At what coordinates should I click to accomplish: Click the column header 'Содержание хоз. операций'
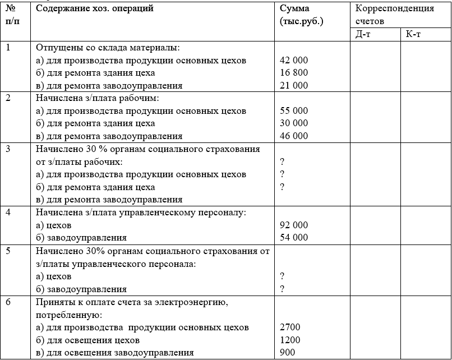point(94,9)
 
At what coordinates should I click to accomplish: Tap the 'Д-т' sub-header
point(362,34)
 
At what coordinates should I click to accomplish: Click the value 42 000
point(293,60)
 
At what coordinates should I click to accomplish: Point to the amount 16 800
point(293,73)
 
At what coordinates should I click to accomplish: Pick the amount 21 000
point(293,86)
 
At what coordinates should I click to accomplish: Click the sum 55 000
point(293,111)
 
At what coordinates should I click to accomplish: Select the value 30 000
point(293,123)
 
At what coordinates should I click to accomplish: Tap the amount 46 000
point(293,136)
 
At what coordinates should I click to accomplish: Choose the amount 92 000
point(293,225)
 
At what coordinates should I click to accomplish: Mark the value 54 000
point(293,238)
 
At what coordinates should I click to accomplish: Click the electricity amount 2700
point(290,327)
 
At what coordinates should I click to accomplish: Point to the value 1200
point(290,340)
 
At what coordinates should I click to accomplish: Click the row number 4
point(8,213)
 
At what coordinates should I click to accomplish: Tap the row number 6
point(8,302)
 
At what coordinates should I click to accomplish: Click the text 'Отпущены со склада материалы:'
point(110,48)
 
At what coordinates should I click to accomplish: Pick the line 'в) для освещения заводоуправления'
point(115,353)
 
